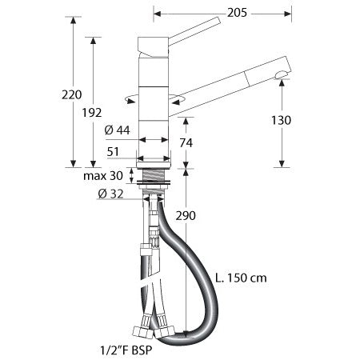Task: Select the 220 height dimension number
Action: [x=71, y=94]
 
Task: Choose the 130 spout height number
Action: [x=281, y=120]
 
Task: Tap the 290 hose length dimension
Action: [x=186, y=216]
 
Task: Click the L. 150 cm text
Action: [x=241, y=278]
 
